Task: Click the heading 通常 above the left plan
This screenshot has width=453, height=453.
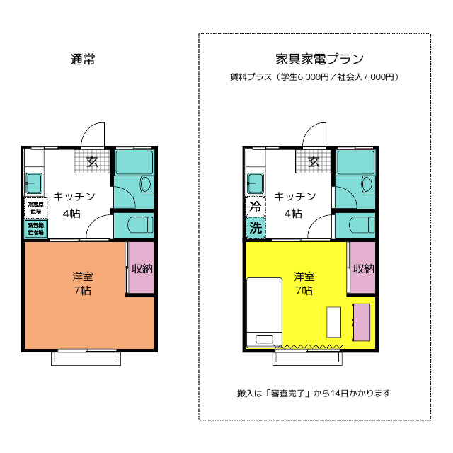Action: click(x=83, y=59)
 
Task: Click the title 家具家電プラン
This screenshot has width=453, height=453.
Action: click(x=314, y=59)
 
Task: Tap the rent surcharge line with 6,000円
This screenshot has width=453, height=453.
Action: click(x=314, y=76)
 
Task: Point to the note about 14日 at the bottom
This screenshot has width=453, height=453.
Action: click(x=314, y=393)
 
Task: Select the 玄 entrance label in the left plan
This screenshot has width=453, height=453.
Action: click(x=92, y=161)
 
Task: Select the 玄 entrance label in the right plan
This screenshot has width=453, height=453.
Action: click(x=314, y=161)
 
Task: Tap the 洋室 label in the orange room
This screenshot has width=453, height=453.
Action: click(x=82, y=276)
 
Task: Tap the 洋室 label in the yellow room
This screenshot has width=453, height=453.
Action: click(x=304, y=276)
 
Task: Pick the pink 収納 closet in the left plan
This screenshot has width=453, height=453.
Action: click(x=141, y=268)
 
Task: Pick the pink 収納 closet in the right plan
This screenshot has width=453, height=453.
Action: click(x=362, y=268)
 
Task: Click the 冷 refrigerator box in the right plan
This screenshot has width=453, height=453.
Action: click(x=255, y=207)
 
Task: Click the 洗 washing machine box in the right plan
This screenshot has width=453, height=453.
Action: click(x=255, y=228)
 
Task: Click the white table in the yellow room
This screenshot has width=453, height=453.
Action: click(x=333, y=322)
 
